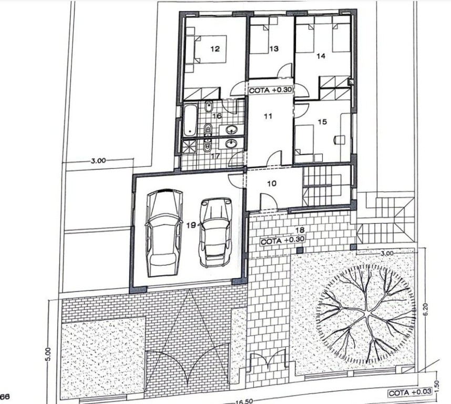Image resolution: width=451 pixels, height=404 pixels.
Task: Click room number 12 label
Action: [x=215, y=48]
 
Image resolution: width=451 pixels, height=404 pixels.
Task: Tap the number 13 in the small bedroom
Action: [x=274, y=48]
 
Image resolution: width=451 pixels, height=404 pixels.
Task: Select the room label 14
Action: [x=321, y=56]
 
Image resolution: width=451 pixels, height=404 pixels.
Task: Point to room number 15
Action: [x=322, y=122]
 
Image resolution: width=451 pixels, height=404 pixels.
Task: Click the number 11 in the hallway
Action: [x=268, y=116]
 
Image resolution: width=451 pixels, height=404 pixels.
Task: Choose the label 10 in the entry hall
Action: [x=272, y=183]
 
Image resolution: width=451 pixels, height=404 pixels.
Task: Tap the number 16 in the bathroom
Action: [x=217, y=116]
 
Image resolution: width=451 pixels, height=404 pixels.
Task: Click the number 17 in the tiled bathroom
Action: [x=216, y=156]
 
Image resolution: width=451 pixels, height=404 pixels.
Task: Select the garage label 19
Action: [x=191, y=225]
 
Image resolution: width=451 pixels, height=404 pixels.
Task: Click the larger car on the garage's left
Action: [x=165, y=233]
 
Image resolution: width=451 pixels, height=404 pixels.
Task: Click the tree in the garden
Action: [x=366, y=314]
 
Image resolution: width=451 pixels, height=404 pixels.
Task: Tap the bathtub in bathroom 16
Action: [x=190, y=120]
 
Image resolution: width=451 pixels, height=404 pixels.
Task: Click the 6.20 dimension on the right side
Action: [x=426, y=309]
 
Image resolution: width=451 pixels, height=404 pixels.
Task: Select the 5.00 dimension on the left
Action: [x=48, y=354]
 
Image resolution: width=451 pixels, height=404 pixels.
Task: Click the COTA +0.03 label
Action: [x=410, y=393]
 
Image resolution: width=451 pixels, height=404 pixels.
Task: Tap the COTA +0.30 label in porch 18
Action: [x=282, y=241]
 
